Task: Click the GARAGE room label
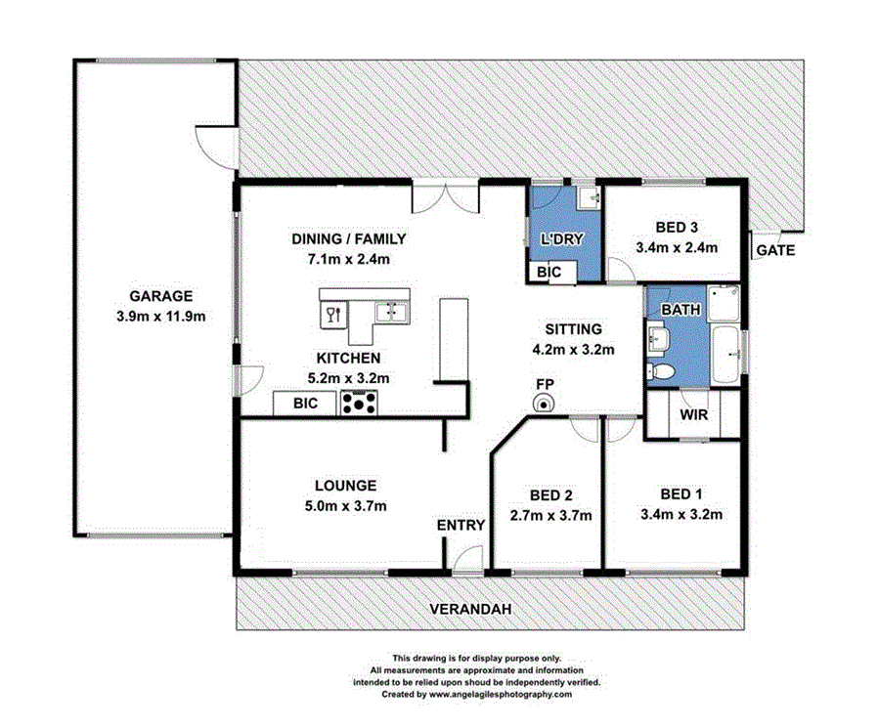[x=161, y=296]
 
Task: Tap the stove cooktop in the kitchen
[x=359, y=402]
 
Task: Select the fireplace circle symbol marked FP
[x=544, y=405]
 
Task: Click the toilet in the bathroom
[x=662, y=370]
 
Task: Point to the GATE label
[x=774, y=250]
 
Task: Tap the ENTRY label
[x=461, y=525]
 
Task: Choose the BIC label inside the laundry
[x=549, y=273]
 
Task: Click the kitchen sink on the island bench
[x=395, y=312]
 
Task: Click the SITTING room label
[x=573, y=329]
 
